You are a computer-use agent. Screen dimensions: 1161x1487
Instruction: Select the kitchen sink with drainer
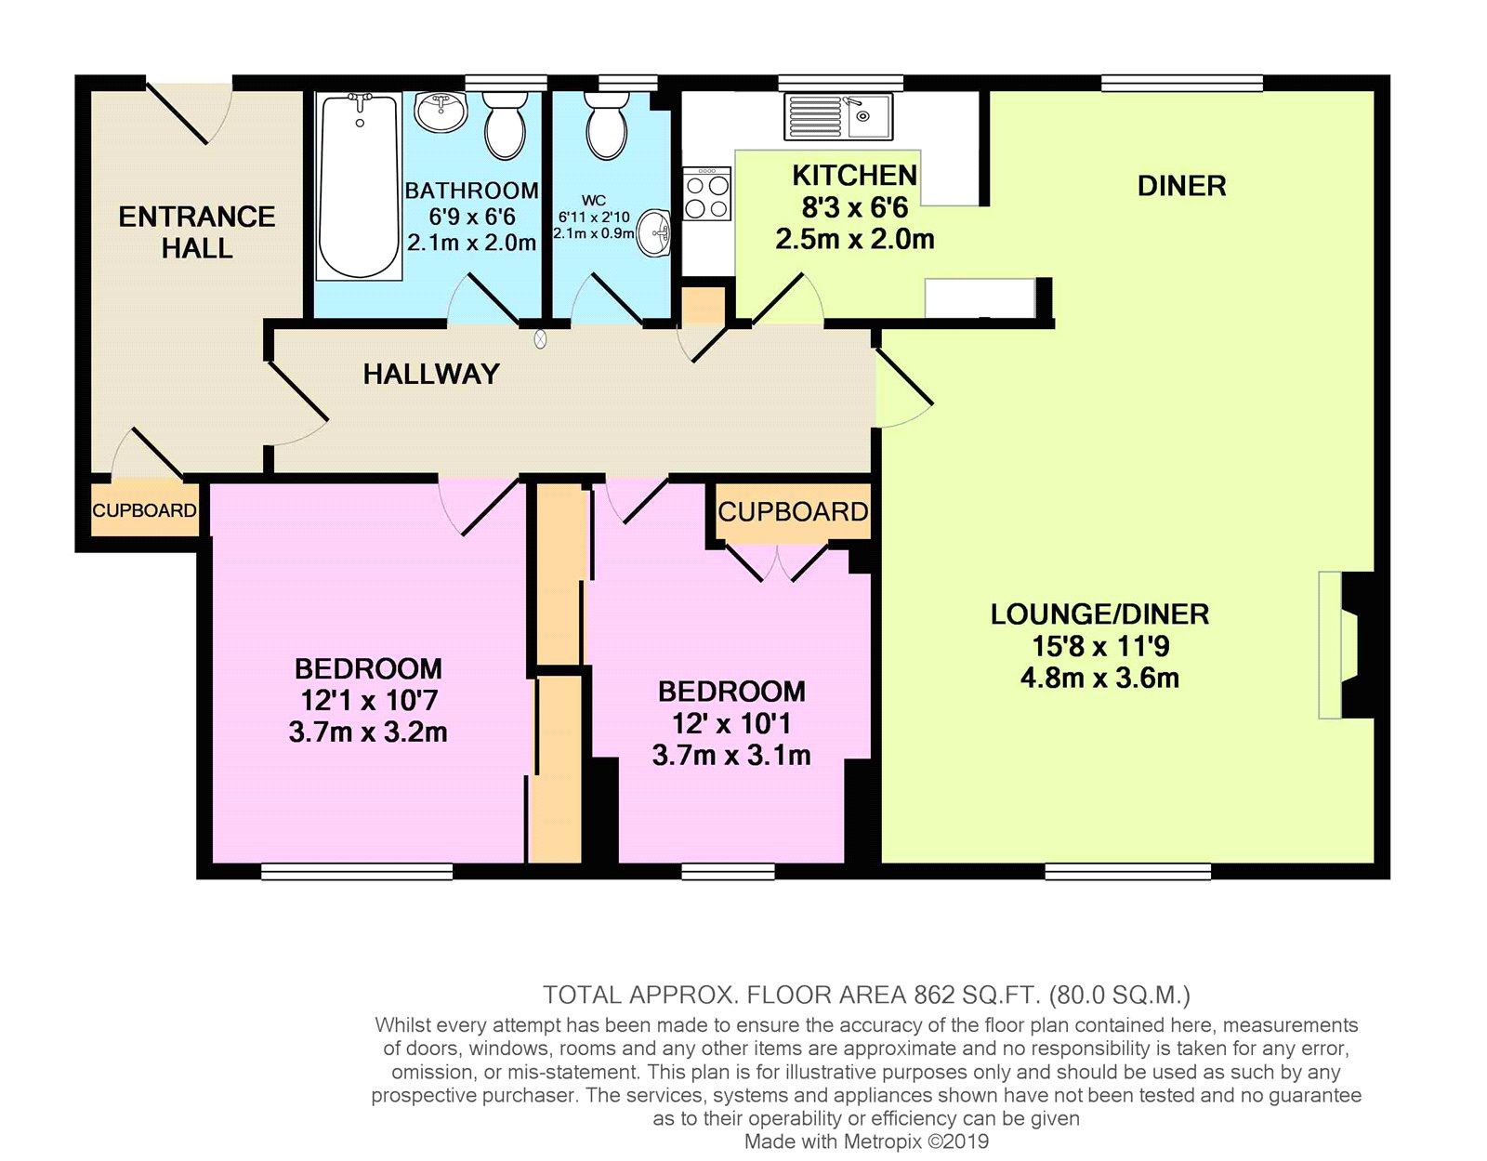[838, 116]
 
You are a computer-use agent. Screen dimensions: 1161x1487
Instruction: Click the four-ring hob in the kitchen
[706, 195]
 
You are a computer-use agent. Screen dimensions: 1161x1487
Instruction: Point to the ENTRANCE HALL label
[197, 232]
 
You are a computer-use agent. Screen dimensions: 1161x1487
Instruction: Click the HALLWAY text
[431, 374]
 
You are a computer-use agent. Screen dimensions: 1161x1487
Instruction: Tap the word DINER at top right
[1181, 186]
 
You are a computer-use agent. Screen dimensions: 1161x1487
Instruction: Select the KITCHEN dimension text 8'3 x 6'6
[854, 207]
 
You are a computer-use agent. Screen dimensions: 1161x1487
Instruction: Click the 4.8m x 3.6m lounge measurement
[1099, 678]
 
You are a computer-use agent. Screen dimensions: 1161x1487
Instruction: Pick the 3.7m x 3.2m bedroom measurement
[368, 732]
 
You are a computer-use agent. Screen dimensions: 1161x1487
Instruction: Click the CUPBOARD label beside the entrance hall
[144, 510]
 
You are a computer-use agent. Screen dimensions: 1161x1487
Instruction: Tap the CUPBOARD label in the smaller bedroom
[793, 512]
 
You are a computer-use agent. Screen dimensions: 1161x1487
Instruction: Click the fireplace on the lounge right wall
[1343, 645]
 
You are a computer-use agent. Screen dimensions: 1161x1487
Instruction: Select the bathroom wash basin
[440, 112]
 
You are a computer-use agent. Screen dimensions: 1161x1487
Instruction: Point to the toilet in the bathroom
[506, 130]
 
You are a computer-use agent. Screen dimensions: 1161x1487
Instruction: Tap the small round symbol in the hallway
[541, 340]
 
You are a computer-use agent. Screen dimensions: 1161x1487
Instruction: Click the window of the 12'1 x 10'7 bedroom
[356, 871]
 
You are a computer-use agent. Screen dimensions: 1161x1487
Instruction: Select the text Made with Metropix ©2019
[866, 1141]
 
